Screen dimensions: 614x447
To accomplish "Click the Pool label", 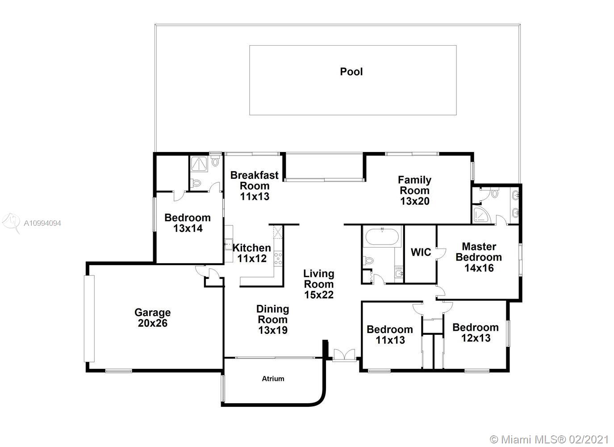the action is (x=351, y=72).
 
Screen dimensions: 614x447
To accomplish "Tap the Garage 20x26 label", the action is (x=153, y=318).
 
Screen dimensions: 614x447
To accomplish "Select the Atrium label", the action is (x=273, y=379).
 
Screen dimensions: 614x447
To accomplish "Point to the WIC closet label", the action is (x=421, y=252).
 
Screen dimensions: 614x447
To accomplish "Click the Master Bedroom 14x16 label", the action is (x=479, y=257).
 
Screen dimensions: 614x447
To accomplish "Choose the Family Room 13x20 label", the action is (x=415, y=190).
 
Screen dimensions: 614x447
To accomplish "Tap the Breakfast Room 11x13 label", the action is (x=255, y=186).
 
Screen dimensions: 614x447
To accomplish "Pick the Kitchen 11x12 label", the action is (x=252, y=253).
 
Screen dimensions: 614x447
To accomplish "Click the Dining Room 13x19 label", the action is (x=273, y=320).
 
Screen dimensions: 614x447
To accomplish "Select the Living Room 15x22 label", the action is (x=319, y=284).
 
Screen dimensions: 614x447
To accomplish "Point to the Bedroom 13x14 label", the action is (x=188, y=223).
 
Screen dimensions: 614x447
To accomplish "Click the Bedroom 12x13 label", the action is (x=476, y=333).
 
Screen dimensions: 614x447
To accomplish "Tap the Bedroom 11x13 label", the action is (x=390, y=335).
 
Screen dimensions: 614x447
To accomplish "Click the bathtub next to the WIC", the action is (x=382, y=236).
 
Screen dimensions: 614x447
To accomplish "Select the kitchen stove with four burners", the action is (x=278, y=258).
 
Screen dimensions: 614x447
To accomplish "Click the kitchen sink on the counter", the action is (x=228, y=244).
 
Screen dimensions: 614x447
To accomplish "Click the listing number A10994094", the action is (x=42, y=223).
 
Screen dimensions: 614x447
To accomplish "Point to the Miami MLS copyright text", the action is (x=549, y=440).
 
